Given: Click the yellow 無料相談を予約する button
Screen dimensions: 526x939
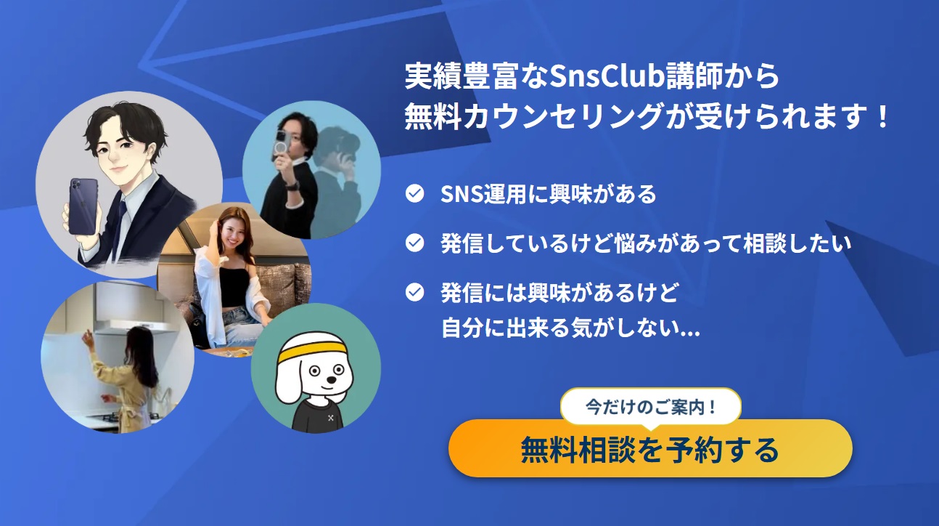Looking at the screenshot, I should click(x=649, y=450).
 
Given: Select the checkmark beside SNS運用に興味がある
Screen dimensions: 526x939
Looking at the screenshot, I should click(x=414, y=194).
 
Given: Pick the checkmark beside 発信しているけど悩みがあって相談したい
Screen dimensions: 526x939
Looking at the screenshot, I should click(x=414, y=243).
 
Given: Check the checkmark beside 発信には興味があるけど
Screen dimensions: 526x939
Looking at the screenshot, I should click(x=414, y=292).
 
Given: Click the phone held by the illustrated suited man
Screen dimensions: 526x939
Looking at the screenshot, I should click(x=81, y=206).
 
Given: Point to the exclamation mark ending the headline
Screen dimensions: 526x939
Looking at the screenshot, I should click(x=882, y=116).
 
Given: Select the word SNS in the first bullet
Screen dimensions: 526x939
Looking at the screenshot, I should click(x=457, y=194).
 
